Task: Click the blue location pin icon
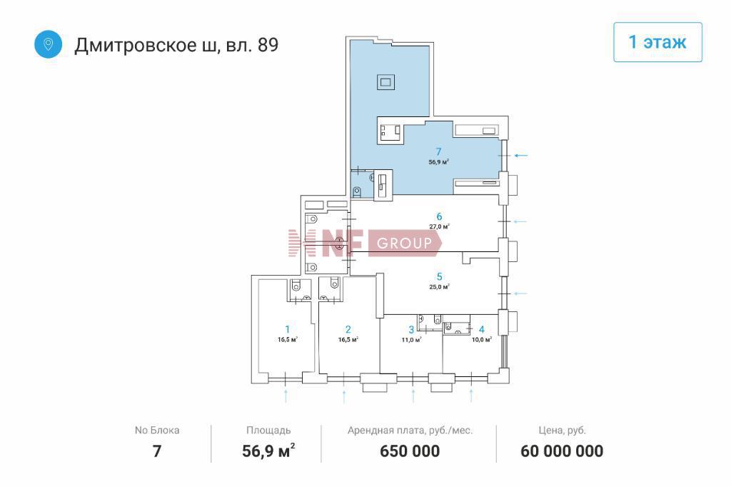click(48, 44)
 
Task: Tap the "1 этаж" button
click(657, 42)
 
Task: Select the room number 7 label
click(438, 151)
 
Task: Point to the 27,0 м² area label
click(439, 226)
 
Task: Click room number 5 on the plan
click(439, 276)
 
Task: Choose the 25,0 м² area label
click(439, 287)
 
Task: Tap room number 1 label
click(287, 329)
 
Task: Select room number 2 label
click(348, 329)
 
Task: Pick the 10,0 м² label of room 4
click(482, 340)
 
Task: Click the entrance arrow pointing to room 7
click(521, 156)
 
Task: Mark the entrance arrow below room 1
click(286, 396)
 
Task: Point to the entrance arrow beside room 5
click(520, 293)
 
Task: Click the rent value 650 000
click(410, 451)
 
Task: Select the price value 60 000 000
click(562, 451)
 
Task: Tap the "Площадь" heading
click(268, 431)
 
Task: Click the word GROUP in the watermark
click(404, 243)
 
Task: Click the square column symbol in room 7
click(385, 82)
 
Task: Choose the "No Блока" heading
click(157, 430)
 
